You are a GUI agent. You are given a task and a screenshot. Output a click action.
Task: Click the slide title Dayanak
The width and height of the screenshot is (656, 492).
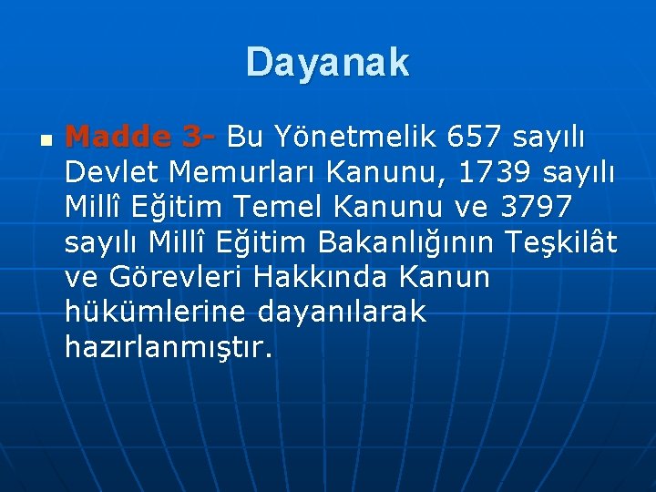[x=327, y=63]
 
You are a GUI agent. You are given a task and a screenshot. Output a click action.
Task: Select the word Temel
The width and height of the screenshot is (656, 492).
[x=281, y=207]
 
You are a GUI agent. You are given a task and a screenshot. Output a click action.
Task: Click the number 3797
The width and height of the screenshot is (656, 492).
[x=537, y=207]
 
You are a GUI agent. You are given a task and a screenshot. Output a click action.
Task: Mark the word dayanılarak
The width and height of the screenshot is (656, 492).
[x=342, y=312]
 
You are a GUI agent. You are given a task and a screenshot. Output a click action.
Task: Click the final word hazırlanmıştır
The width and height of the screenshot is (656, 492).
[x=169, y=346]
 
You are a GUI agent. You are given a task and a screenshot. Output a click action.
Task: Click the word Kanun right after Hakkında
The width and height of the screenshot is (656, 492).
[x=449, y=276]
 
